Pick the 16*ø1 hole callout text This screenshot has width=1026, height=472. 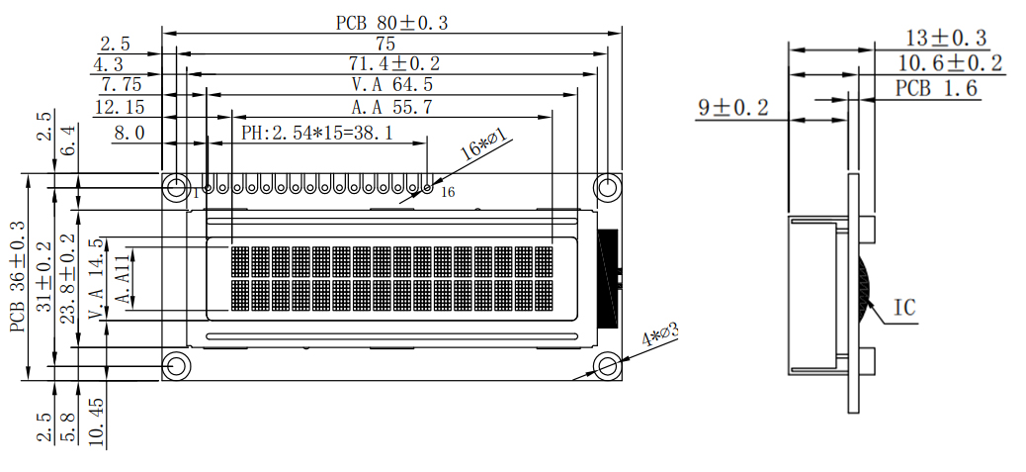[x=485, y=144]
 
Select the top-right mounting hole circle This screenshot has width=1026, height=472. [x=608, y=186]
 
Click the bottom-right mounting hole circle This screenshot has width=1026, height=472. [x=608, y=365]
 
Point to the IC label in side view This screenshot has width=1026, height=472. [x=904, y=308]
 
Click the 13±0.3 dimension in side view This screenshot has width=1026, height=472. [x=946, y=39]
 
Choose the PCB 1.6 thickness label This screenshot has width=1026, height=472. [x=936, y=89]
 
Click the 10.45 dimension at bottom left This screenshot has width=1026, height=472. [x=96, y=421]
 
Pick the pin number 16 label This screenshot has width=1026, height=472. [x=447, y=193]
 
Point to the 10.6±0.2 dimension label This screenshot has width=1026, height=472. [x=949, y=64]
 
